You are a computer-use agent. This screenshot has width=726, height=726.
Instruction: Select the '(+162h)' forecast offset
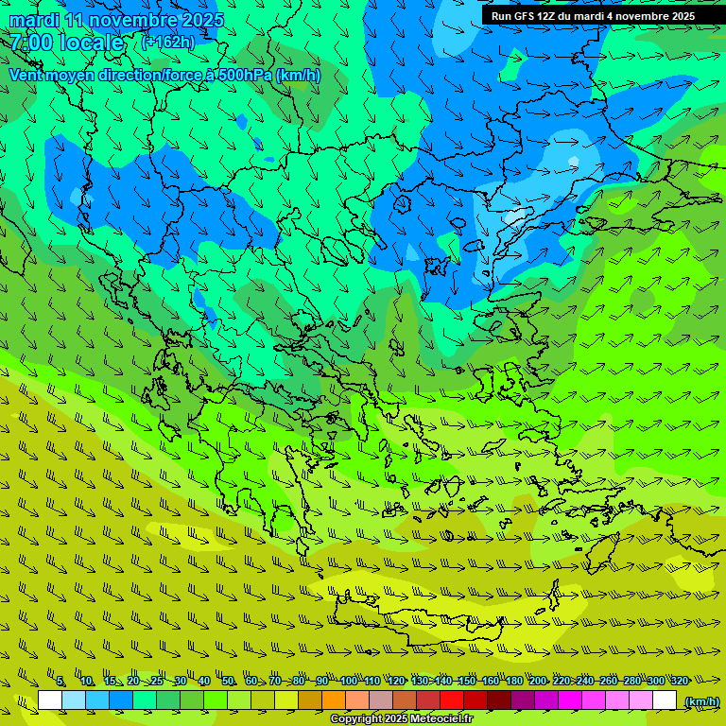168,42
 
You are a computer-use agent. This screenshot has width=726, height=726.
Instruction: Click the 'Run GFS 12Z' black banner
593,16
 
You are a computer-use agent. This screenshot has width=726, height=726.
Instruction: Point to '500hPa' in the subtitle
242,75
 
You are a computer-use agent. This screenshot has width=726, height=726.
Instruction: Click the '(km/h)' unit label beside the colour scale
700,701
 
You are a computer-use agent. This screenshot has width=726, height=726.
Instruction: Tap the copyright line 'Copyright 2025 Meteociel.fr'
401,719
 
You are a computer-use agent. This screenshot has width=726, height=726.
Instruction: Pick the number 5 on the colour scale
60,682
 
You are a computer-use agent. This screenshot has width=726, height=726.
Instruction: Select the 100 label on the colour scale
349,682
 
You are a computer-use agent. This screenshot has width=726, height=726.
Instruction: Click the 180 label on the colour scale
513,682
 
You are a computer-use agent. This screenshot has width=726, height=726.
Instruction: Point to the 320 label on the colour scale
680,682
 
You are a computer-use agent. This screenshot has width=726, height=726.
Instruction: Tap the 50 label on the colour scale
228,682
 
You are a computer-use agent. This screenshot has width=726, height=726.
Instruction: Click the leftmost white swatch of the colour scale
50,700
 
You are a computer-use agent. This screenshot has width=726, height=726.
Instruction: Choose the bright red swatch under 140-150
452,700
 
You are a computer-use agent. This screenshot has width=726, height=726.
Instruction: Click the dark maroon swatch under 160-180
499,700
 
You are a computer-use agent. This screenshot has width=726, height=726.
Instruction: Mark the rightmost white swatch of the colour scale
665,700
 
